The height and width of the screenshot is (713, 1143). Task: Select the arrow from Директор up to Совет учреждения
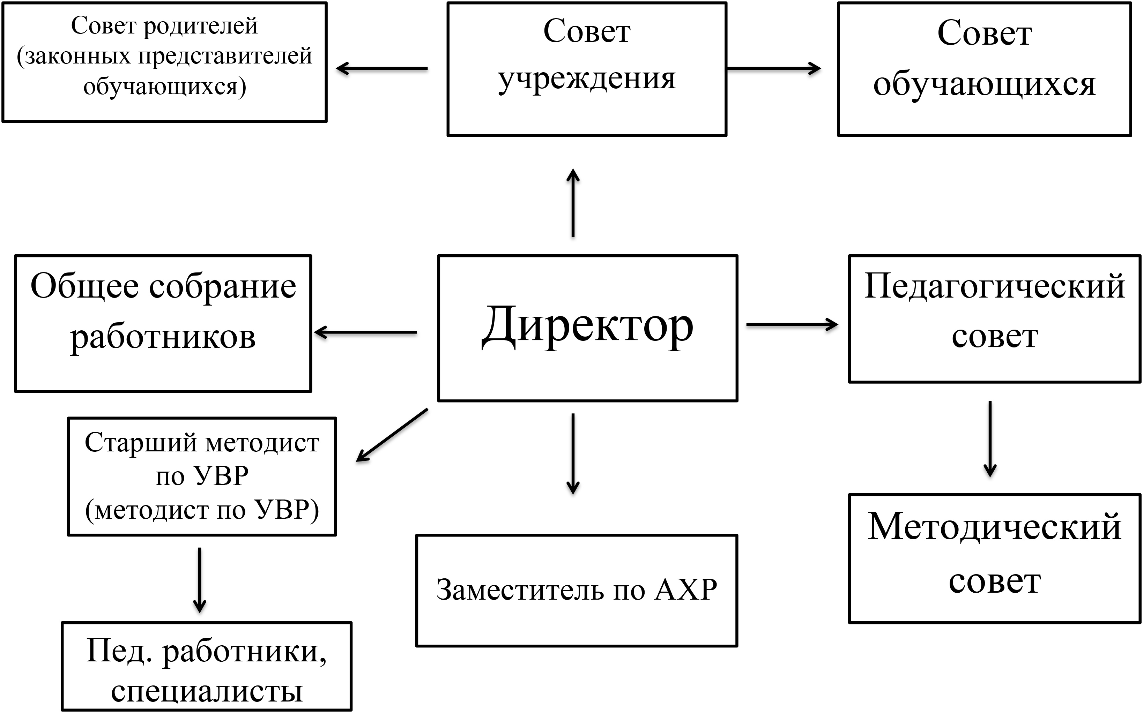[x=573, y=203]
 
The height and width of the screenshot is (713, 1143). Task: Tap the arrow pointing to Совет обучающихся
[x=774, y=68]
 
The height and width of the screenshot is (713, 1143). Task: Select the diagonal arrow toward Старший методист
[x=392, y=435]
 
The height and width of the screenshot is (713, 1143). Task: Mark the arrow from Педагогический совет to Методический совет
[x=990, y=438]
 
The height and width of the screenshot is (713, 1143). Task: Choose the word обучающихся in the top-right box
[x=984, y=85]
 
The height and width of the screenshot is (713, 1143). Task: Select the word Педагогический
[x=994, y=287]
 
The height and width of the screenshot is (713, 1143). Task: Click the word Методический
[x=994, y=527]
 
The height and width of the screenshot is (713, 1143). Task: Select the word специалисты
[x=207, y=691]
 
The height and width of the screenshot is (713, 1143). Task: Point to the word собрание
[x=223, y=287]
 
